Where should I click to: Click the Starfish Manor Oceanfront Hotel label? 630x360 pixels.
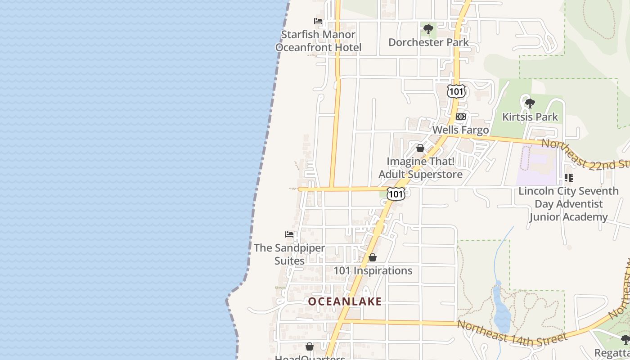(318, 41)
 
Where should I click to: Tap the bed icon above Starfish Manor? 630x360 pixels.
(318, 21)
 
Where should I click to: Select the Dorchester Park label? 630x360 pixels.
(428, 42)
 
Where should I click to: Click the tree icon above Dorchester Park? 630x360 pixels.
(428, 30)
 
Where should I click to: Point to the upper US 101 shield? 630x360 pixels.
(456, 91)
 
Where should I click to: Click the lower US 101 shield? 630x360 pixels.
(396, 194)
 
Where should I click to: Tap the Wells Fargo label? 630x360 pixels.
(460, 130)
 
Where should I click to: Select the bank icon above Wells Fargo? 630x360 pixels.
(460, 117)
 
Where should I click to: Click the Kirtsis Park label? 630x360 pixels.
(530, 117)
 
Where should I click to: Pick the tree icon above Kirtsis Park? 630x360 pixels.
(530, 103)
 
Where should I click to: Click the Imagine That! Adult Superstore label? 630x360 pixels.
(420, 168)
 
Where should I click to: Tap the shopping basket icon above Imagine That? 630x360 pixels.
(420, 148)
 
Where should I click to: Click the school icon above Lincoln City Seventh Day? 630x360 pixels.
(569, 178)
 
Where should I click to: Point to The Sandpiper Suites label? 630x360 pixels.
(289, 254)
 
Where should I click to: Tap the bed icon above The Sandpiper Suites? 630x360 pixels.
(289, 234)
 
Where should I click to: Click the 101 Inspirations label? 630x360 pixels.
(373, 270)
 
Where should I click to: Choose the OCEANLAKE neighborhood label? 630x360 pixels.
(345, 301)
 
